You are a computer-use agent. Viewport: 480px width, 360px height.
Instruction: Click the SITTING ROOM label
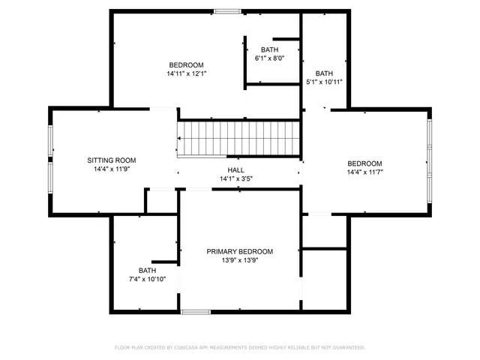111,160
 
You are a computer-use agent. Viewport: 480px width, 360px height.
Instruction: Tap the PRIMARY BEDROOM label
240,251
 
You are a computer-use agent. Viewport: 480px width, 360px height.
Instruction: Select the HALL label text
236,170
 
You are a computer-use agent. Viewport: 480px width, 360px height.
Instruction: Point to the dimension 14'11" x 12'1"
186,73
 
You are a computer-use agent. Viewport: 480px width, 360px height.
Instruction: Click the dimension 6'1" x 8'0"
269,58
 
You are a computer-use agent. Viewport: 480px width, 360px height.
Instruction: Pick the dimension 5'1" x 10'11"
324,82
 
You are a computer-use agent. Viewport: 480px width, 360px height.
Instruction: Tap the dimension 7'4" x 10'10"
147,279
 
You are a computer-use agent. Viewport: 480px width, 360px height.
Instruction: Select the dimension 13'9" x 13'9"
240,260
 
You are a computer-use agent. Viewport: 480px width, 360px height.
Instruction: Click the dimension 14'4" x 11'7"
364,172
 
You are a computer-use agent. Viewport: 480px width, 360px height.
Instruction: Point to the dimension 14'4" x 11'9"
111,169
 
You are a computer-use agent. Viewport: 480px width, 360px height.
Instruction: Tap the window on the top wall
226,11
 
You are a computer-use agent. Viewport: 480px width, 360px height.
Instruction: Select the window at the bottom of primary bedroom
196,311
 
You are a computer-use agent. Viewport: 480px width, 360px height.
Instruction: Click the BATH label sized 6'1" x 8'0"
269,49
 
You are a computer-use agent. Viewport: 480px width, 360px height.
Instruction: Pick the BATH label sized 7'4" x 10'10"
147,270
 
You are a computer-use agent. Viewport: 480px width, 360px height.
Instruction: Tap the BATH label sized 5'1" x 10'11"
324,73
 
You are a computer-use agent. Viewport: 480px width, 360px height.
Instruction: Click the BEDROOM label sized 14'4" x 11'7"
364,163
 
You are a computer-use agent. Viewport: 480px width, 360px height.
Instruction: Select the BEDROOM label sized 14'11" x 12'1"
186,64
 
